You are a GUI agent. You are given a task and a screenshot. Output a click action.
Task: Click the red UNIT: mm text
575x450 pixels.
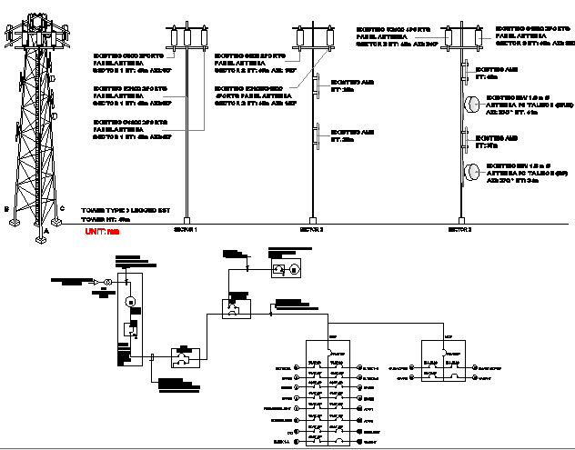[101, 233]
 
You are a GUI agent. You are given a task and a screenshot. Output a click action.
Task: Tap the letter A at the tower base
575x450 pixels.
[45, 231]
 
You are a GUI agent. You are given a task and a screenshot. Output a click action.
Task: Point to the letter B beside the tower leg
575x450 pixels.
[7, 208]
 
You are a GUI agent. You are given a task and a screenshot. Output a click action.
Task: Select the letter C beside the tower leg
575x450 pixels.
[61, 208]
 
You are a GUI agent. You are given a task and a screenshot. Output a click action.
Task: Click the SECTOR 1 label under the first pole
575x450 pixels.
[186, 231]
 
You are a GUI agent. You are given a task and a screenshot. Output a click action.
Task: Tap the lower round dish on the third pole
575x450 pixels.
[473, 171]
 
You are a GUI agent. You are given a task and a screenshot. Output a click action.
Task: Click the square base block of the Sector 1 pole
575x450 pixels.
[186, 222]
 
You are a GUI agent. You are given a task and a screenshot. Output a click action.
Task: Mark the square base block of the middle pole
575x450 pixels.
[307, 222]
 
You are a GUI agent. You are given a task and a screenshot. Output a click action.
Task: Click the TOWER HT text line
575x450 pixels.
[106, 219]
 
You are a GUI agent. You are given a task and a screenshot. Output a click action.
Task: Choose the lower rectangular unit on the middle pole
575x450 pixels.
[318, 139]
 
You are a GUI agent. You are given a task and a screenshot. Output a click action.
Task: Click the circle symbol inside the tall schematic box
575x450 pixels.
[129, 301]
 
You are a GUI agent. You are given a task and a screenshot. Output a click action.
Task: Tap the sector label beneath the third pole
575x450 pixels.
[459, 231]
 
